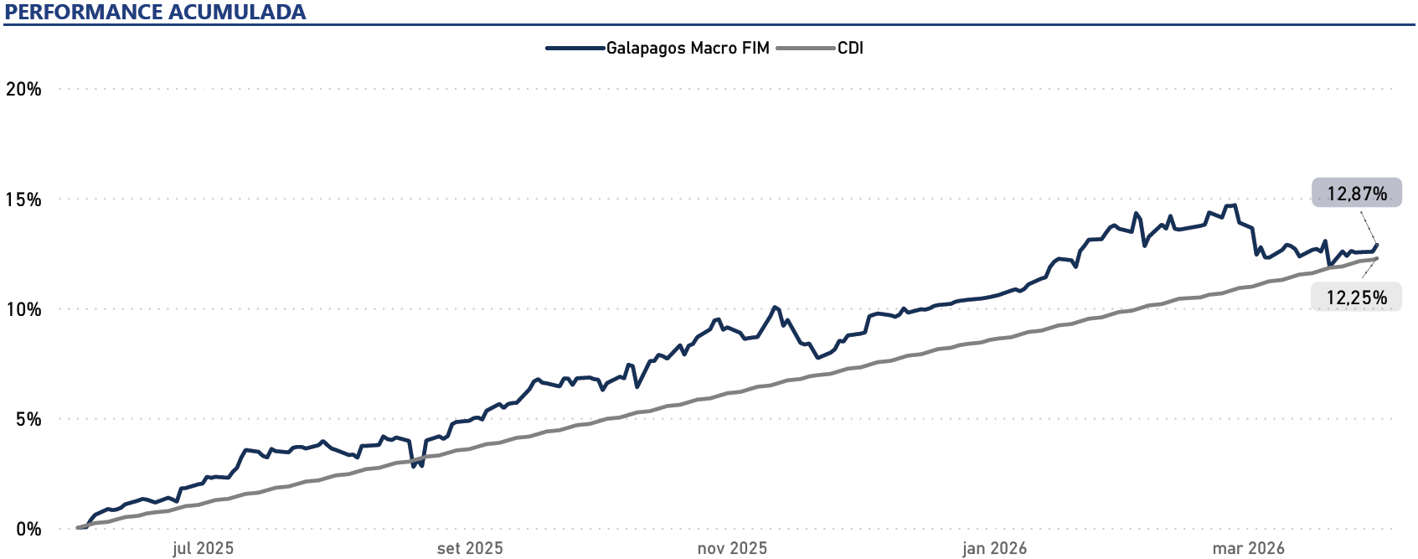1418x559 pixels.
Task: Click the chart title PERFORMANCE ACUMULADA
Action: click(x=156, y=12)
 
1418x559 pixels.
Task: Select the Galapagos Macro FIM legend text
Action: click(x=688, y=48)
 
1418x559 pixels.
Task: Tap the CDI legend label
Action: click(x=850, y=48)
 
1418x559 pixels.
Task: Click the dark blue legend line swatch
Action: click(x=575, y=48)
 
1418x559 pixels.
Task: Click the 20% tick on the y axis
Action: click(x=23, y=89)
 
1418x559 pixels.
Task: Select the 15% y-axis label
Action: click(x=23, y=199)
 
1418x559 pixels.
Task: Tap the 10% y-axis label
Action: click(x=23, y=309)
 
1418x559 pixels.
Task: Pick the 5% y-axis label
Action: click(x=28, y=419)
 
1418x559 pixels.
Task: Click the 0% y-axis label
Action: click(x=28, y=529)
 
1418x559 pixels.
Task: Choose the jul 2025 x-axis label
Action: click(x=203, y=548)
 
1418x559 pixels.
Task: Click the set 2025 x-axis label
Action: click(x=470, y=548)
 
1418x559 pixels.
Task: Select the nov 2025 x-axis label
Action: click(x=732, y=548)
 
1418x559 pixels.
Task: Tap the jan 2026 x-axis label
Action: click(x=994, y=548)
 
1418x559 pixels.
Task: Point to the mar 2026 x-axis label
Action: click(x=1248, y=548)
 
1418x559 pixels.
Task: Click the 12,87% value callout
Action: click(x=1356, y=194)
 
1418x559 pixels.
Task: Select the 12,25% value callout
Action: click(x=1356, y=298)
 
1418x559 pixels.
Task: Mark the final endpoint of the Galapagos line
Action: click(x=1377, y=245)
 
